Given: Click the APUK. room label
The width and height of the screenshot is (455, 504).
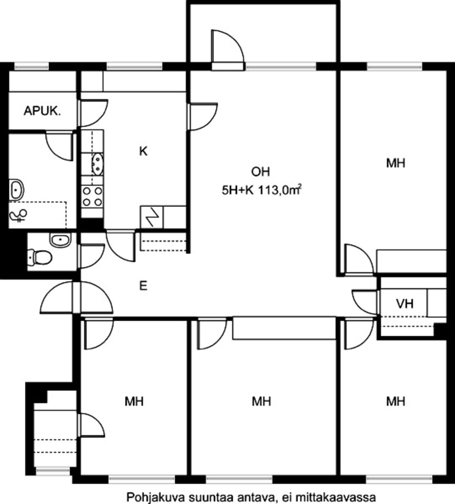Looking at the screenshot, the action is pos(42,111).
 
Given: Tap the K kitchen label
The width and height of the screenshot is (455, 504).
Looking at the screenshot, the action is pos(143,151).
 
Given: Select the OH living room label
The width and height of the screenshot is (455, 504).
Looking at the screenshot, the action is pos(261,172).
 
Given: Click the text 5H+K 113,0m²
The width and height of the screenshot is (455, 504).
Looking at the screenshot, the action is pos(262,190).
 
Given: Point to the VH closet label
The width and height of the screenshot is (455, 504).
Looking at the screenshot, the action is pos(405,303).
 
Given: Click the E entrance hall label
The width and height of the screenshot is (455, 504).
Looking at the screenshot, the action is pos(143,286).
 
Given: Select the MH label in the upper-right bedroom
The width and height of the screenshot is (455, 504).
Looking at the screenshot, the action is pos(396,163).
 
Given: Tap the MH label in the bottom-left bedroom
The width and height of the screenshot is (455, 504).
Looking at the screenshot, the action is pos(134,402).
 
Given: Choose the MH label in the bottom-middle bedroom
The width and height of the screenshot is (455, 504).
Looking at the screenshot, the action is pos(261,402).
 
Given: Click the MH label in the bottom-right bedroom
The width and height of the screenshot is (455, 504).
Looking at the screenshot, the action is pos(396,402).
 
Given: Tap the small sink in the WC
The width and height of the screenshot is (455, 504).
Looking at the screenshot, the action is pos(60,240).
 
